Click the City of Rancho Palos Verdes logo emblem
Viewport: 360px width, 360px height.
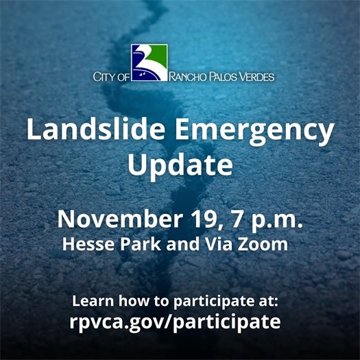[x=149, y=62]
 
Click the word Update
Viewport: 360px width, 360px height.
[x=180, y=165]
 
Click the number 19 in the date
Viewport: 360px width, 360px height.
[x=209, y=219]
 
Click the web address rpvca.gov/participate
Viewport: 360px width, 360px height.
[x=180, y=321]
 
